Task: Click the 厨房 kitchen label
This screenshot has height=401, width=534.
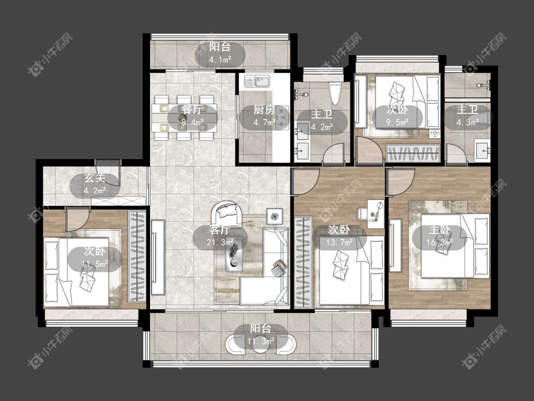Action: (x=264, y=110)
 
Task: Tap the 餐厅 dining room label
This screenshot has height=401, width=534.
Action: (x=192, y=110)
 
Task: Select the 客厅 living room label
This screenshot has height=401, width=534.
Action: (x=219, y=230)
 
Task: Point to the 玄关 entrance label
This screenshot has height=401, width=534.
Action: (x=95, y=178)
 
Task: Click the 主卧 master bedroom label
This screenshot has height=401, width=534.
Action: (x=440, y=230)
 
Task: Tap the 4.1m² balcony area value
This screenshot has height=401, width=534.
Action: (x=220, y=60)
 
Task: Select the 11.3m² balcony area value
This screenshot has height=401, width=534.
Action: (x=261, y=341)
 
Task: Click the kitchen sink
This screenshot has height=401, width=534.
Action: (x=257, y=82)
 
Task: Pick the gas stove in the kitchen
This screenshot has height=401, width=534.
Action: (x=281, y=118)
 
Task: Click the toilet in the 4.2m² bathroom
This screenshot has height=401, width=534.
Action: (x=335, y=95)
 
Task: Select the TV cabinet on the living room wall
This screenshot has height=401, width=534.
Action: (x=158, y=257)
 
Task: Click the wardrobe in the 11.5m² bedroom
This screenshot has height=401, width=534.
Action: (x=137, y=257)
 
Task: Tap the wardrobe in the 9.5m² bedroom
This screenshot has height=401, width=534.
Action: (x=413, y=153)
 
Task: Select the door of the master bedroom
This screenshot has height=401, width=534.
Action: (x=402, y=181)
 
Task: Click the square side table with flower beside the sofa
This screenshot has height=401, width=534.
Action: (x=274, y=216)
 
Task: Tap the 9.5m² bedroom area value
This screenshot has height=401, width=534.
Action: (x=397, y=123)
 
